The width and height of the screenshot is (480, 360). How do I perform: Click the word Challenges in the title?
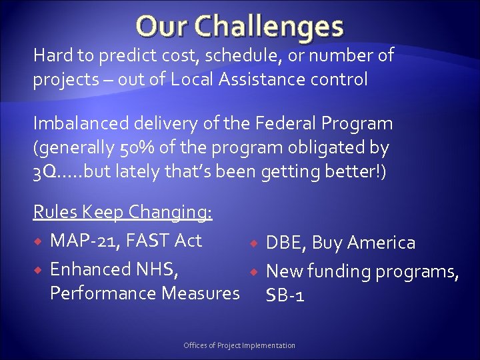pos(279,27)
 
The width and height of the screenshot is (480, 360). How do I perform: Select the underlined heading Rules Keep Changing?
pos(123,212)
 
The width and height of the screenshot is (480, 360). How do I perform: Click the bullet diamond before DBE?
pos(254,243)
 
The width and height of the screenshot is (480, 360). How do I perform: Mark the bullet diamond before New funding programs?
pos(254,272)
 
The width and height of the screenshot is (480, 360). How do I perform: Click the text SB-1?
pos(285,295)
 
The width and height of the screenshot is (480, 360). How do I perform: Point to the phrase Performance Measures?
pos(145,293)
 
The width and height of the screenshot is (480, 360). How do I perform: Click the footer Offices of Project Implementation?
pos(239,345)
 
